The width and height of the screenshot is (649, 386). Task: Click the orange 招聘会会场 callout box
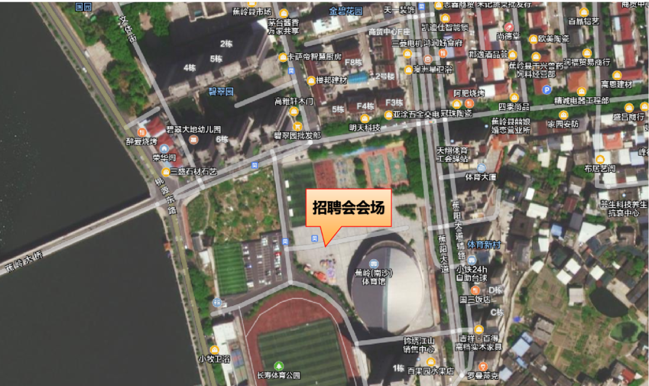[x=349, y=208]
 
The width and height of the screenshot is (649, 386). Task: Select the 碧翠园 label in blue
[x=220, y=92]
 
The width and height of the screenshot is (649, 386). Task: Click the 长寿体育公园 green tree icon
[x=278, y=366]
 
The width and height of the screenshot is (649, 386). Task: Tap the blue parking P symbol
[x=546, y=90]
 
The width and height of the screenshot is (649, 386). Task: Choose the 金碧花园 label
[x=346, y=11]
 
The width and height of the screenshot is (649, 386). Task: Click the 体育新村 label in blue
[x=483, y=244]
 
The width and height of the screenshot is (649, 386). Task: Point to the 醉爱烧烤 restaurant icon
[x=142, y=132]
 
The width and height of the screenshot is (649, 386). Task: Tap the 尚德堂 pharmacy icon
[x=509, y=26]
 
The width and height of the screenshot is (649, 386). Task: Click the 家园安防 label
[x=562, y=124]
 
